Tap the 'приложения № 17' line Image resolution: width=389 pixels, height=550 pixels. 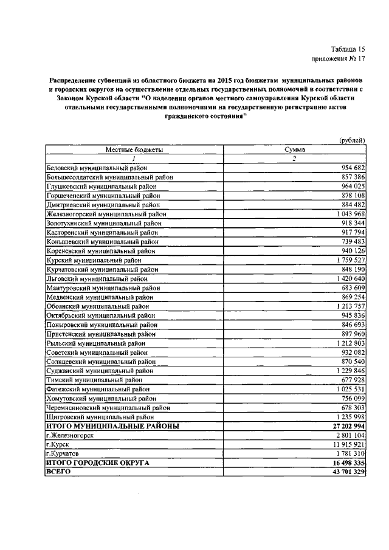[339, 59]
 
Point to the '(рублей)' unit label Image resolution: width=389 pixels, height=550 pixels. [352, 140]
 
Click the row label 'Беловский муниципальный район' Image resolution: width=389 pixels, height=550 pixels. [97, 168]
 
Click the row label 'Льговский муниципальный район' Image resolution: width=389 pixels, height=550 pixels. [97, 279]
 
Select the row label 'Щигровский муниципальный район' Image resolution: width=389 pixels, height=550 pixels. [99, 417]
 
